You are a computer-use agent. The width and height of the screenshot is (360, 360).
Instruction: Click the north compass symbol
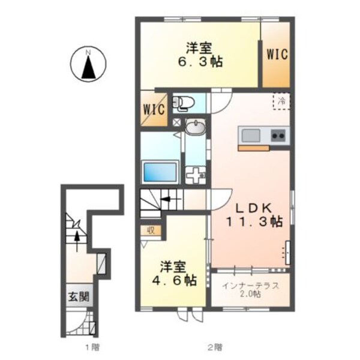click(x=88, y=66)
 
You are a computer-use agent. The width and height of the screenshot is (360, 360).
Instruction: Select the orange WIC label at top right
click(x=277, y=54)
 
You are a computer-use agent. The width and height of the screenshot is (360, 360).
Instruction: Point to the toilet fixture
click(x=182, y=104)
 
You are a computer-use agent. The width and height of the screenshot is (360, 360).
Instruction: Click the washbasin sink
click(x=194, y=127)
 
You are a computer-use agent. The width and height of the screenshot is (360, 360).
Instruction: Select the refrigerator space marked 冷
click(x=280, y=101)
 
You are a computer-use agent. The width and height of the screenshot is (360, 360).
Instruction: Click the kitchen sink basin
click(x=250, y=134)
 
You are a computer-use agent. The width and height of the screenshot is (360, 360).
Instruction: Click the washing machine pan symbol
click(x=196, y=176)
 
